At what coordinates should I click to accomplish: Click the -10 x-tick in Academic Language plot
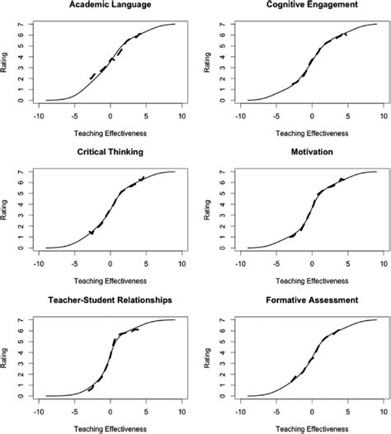click(37, 116)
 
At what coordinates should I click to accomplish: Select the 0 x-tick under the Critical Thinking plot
click(111, 262)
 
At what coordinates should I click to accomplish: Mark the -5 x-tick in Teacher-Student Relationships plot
click(74, 410)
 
